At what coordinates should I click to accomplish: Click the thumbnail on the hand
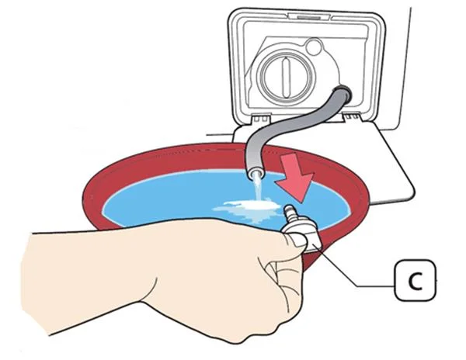[289, 244]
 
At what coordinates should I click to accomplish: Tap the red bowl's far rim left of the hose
[179, 154]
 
